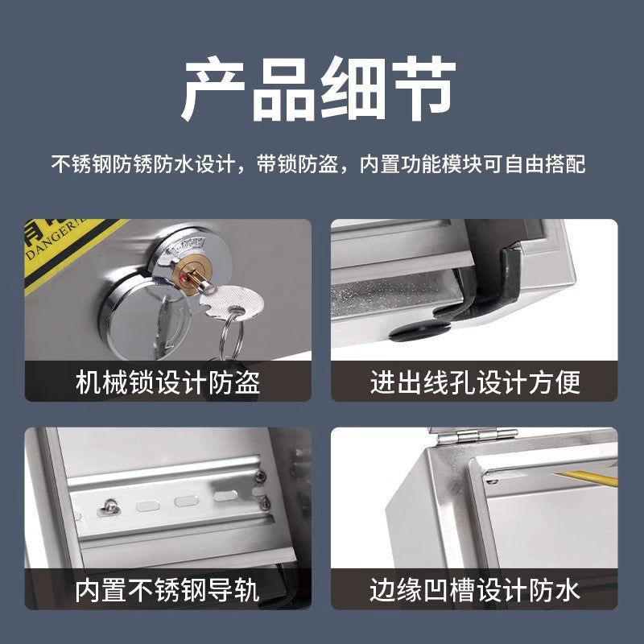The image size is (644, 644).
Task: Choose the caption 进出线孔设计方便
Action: pos(475,381)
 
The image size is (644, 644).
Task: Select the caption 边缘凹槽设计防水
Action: pos(475,590)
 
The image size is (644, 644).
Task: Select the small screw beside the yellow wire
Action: pos(492,482)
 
